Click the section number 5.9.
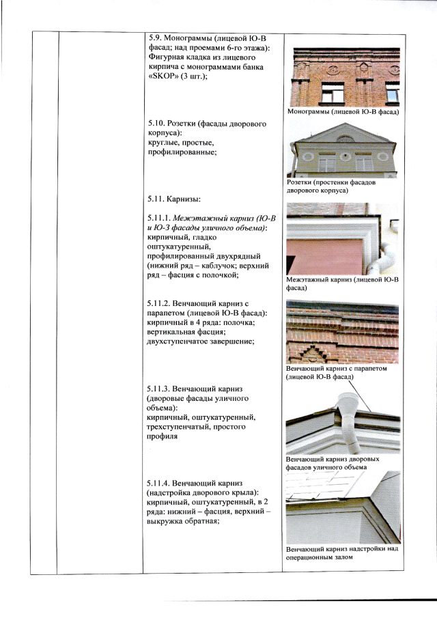tap(155, 38)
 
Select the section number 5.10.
tap(157, 124)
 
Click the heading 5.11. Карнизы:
tap(174, 199)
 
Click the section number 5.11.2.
tap(158, 304)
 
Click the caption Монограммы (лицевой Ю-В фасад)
tap(343, 112)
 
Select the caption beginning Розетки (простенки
tap(331, 186)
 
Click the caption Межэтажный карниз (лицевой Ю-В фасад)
tap(342, 284)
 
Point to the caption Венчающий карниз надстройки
tap(342, 553)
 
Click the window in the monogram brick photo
tap(333, 93)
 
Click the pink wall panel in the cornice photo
tap(325, 257)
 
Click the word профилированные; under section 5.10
tap(182, 152)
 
